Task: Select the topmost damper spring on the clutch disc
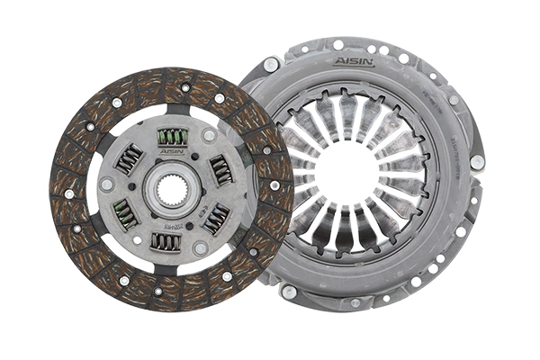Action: [x=172, y=137]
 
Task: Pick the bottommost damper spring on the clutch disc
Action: [x=166, y=241]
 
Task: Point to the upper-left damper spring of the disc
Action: [x=130, y=160]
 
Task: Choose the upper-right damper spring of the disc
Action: [x=220, y=168]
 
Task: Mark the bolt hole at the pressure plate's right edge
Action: [x=477, y=162]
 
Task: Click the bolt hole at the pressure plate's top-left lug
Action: [x=271, y=65]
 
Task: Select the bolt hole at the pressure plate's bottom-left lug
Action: [x=289, y=292]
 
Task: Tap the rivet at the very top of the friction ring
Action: [x=184, y=87]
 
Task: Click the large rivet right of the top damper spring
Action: [x=209, y=136]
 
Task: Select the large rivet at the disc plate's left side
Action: [x=107, y=184]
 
